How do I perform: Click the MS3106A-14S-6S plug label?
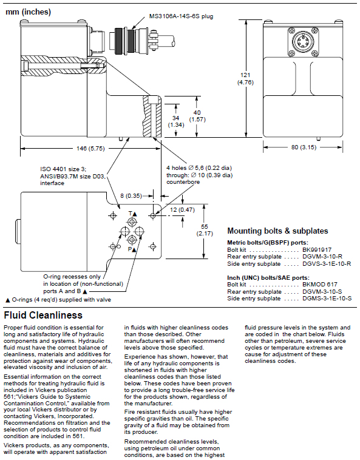pyautogui.click(x=181, y=16)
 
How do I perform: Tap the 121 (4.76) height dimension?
pyautogui.click(x=245, y=79)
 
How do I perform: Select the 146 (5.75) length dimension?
pyautogui.click(x=90, y=149)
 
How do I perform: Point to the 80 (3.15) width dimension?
pyautogui.click(x=304, y=147)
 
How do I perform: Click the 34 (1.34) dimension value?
pyautogui.click(x=175, y=121)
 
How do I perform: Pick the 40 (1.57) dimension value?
pyautogui.click(x=197, y=116)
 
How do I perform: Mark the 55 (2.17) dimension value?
pyautogui.click(x=205, y=230)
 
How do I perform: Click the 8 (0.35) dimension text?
pyautogui.click(x=131, y=195)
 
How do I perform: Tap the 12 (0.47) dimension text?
pyautogui.click(x=182, y=210)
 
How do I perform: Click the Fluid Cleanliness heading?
pyautogui.click(x=43, y=315)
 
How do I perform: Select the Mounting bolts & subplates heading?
pyautogui.click(x=277, y=231)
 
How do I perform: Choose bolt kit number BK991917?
pyautogui.click(x=317, y=250)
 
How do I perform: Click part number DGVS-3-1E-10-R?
pyautogui.click(x=327, y=264)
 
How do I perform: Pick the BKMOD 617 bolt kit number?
pyautogui.click(x=320, y=284)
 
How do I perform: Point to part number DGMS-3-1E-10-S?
pyautogui.click(x=327, y=299)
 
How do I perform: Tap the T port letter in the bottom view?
pyautogui.click(x=131, y=214)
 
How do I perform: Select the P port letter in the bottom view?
pyautogui.click(x=129, y=249)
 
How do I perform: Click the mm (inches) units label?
pyautogui.click(x=28, y=12)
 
